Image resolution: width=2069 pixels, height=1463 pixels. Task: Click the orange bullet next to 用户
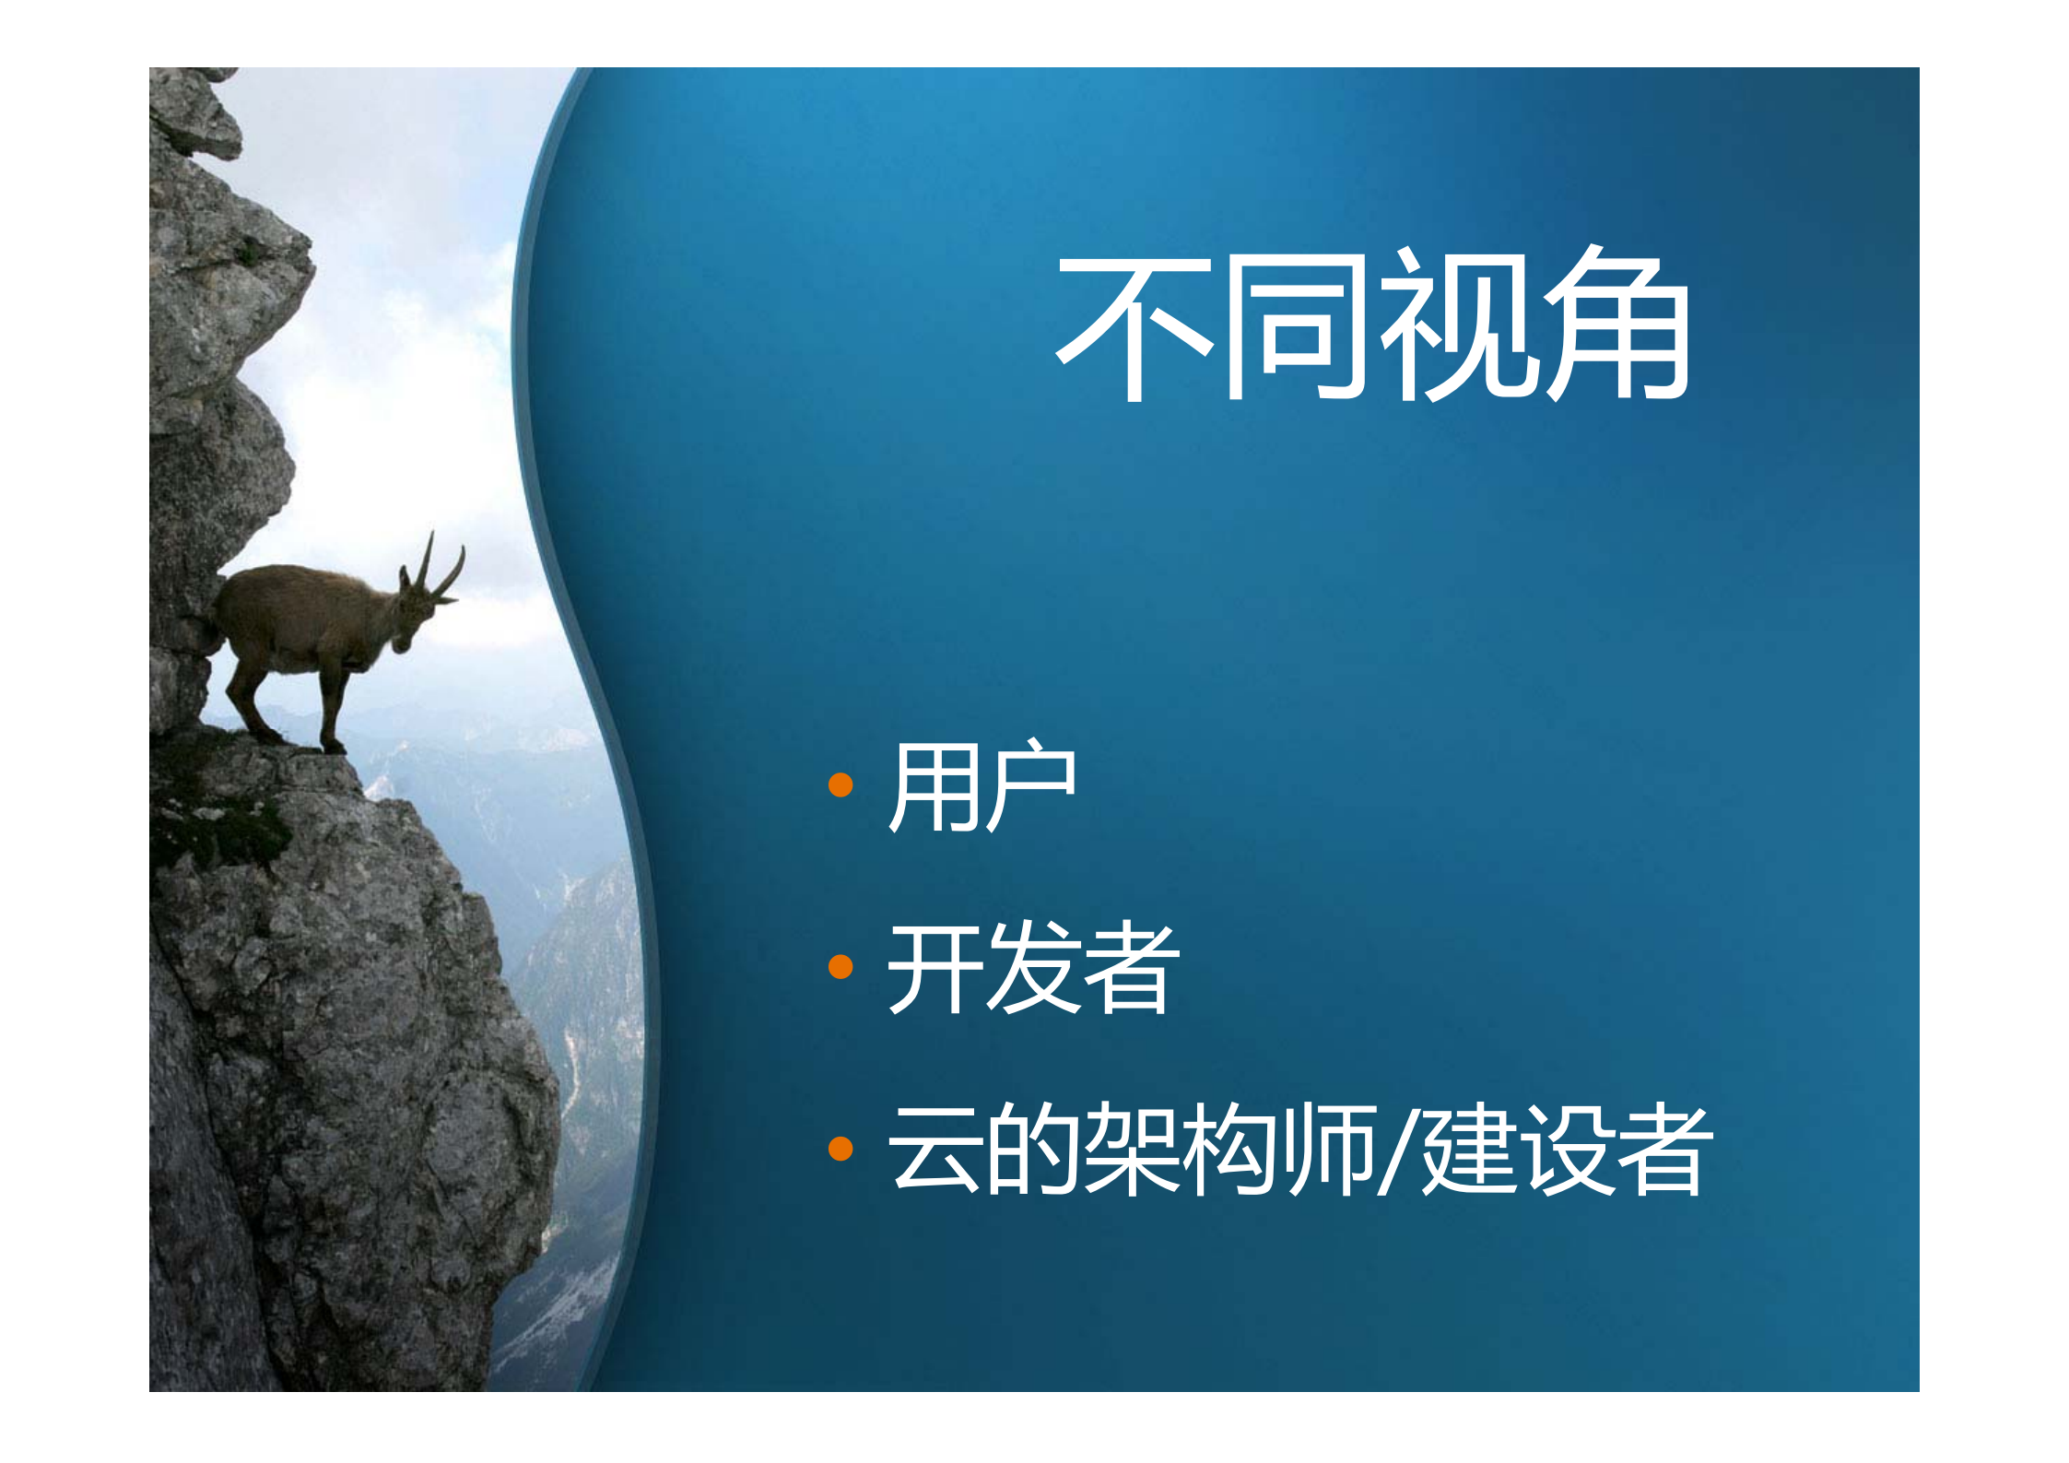coord(840,785)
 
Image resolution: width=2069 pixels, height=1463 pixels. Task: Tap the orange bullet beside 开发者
coord(840,967)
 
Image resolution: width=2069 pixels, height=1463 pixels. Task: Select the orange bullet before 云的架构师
coord(840,1149)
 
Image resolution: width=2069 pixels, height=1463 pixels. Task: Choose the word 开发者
coord(1032,967)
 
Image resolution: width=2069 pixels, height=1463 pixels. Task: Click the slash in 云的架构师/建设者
coord(1397,1150)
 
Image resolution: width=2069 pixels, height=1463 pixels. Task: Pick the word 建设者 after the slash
coord(1567,1150)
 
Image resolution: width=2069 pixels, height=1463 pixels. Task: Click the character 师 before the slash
coord(1332,1150)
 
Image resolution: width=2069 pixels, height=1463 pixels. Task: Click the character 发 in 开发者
coord(1032,967)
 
